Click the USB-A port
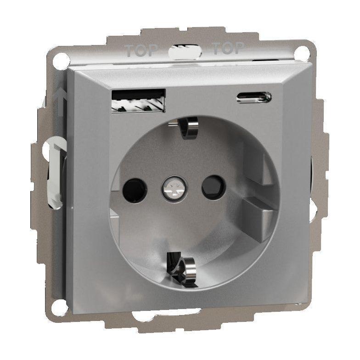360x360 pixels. click(x=139, y=101)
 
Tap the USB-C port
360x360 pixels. click(x=253, y=97)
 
